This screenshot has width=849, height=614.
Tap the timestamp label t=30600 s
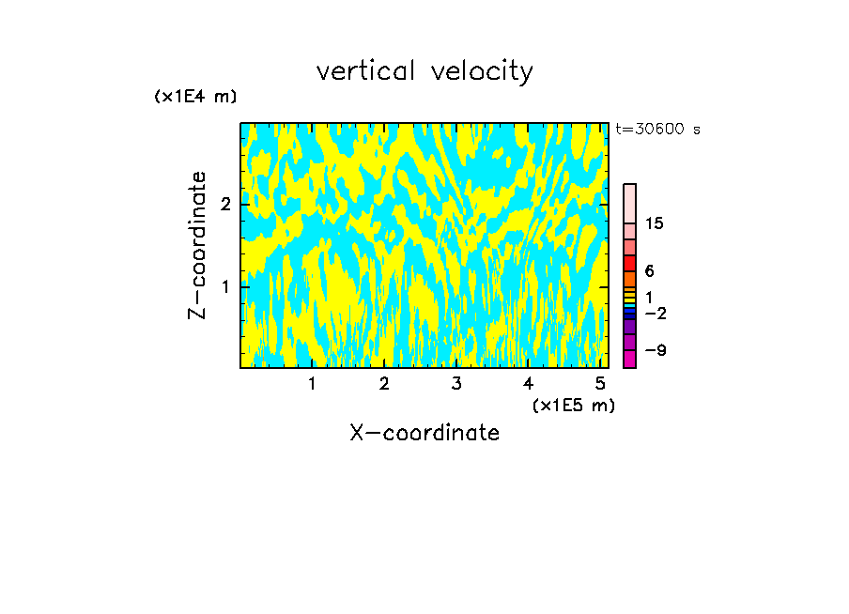tap(657, 130)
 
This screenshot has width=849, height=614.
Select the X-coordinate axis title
tap(424, 433)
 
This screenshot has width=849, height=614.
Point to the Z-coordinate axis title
tap(197, 245)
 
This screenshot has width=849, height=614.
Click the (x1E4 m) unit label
tap(195, 96)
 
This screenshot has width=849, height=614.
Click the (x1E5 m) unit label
tap(573, 405)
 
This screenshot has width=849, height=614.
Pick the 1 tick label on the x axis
tap(312, 384)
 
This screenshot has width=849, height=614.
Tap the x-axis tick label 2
tap(384, 384)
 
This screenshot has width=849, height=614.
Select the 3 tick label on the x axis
tap(456, 384)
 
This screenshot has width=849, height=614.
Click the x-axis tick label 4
tap(528, 384)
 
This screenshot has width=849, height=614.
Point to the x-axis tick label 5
tap(600, 384)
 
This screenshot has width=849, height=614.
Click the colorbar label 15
tap(654, 223)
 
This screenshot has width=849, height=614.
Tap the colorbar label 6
tap(649, 271)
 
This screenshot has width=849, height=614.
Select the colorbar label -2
tap(655, 312)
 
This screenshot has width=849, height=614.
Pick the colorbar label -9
tap(655, 350)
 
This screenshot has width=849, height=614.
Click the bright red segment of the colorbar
tap(629, 263)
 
